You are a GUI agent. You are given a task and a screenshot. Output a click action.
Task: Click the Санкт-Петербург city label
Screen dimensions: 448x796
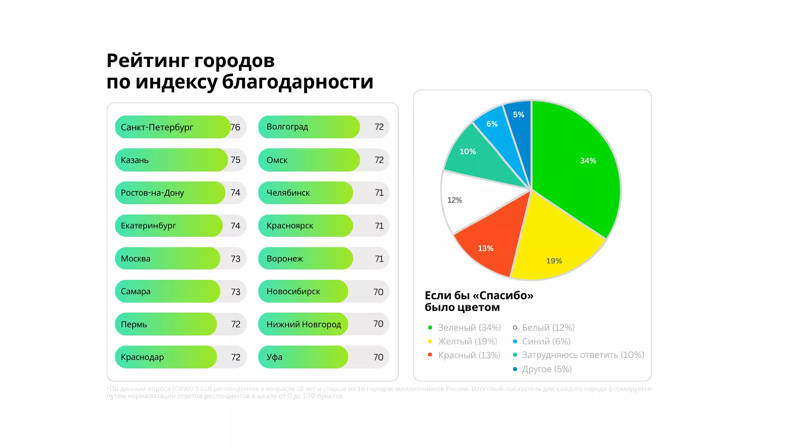(x=157, y=127)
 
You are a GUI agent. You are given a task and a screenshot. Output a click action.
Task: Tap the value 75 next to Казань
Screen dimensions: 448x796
(x=235, y=160)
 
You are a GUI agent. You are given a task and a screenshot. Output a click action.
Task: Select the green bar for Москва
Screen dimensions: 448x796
(x=168, y=259)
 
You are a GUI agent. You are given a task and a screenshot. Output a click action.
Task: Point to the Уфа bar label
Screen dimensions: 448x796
(x=274, y=357)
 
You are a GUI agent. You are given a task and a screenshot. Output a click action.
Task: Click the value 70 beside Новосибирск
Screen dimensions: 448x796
(x=378, y=292)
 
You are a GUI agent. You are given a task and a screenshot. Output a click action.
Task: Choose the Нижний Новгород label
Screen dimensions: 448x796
(x=304, y=324)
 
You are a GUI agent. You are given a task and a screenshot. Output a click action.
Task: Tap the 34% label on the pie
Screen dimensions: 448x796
(x=588, y=161)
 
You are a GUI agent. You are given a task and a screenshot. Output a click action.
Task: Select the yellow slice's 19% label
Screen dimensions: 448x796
(x=554, y=261)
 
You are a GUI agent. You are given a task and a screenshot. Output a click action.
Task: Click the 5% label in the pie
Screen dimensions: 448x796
(x=519, y=115)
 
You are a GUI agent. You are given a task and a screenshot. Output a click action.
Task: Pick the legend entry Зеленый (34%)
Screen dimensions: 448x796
(x=469, y=328)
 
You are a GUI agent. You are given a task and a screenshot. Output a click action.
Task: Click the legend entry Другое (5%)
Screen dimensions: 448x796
(x=547, y=369)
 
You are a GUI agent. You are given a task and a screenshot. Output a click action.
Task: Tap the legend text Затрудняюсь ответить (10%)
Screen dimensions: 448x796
(x=583, y=355)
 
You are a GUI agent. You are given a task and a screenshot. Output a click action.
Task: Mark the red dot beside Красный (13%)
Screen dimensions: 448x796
(x=430, y=355)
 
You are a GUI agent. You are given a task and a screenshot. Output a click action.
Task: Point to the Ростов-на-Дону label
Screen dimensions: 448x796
(x=152, y=193)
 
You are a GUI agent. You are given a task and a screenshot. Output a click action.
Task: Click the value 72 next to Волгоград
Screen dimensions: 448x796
(x=379, y=127)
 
